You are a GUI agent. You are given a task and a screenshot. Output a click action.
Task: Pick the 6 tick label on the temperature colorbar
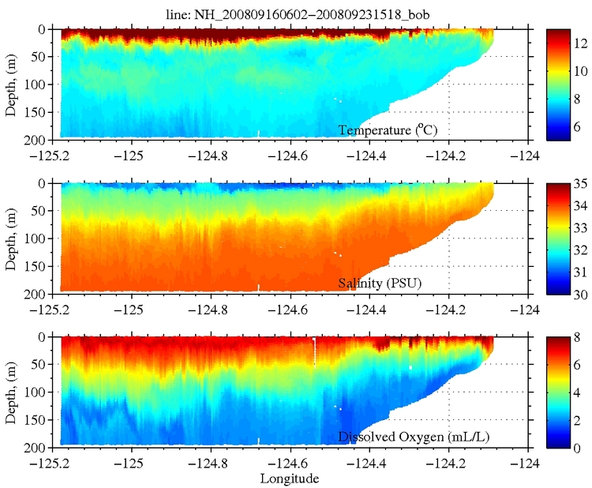(580, 126)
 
